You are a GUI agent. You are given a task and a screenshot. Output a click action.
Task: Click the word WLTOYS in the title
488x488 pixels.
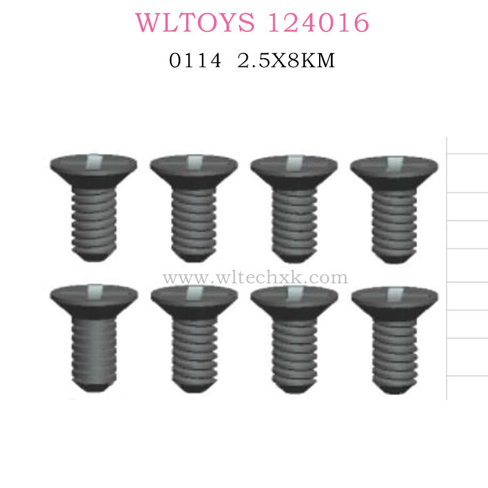pyautogui.click(x=195, y=23)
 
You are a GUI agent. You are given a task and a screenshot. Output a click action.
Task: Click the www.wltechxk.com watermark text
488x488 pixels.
pyautogui.click(x=255, y=277)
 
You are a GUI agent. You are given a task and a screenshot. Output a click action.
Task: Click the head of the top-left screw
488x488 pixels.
pyautogui.click(x=93, y=167)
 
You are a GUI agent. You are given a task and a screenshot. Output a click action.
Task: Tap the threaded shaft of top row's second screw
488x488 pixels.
pyautogui.click(x=194, y=216)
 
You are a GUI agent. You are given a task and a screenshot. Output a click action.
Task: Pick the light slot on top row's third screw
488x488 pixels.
pyautogui.click(x=293, y=163)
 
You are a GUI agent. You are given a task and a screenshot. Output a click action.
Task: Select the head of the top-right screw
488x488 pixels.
pyautogui.click(x=394, y=168)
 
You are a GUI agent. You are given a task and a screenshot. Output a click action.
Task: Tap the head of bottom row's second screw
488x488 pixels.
pyautogui.click(x=194, y=299)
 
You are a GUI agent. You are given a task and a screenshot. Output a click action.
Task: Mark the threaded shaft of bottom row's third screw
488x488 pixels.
pyautogui.click(x=293, y=347)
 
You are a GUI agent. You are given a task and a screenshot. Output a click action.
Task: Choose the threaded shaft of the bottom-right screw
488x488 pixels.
pyautogui.click(x=394, y=347)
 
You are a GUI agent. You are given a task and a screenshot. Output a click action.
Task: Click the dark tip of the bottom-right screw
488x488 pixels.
pyautogui.click(x=394, y=387)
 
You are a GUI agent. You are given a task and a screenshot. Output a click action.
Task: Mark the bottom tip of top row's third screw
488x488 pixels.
pyautogui.click(x=293, y=258)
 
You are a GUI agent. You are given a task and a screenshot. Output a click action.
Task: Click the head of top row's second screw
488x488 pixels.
pyautogui.click(x=194, y=168)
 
